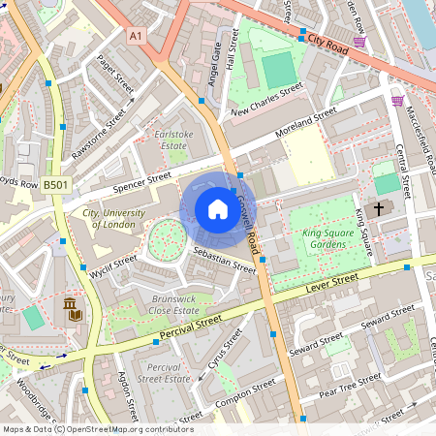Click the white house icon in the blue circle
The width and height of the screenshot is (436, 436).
point(218,209)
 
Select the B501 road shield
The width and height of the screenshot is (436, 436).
point(56,184)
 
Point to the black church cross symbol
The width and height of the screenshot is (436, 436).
point(378,207)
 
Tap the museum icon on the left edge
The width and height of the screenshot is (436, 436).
point(73,309)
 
